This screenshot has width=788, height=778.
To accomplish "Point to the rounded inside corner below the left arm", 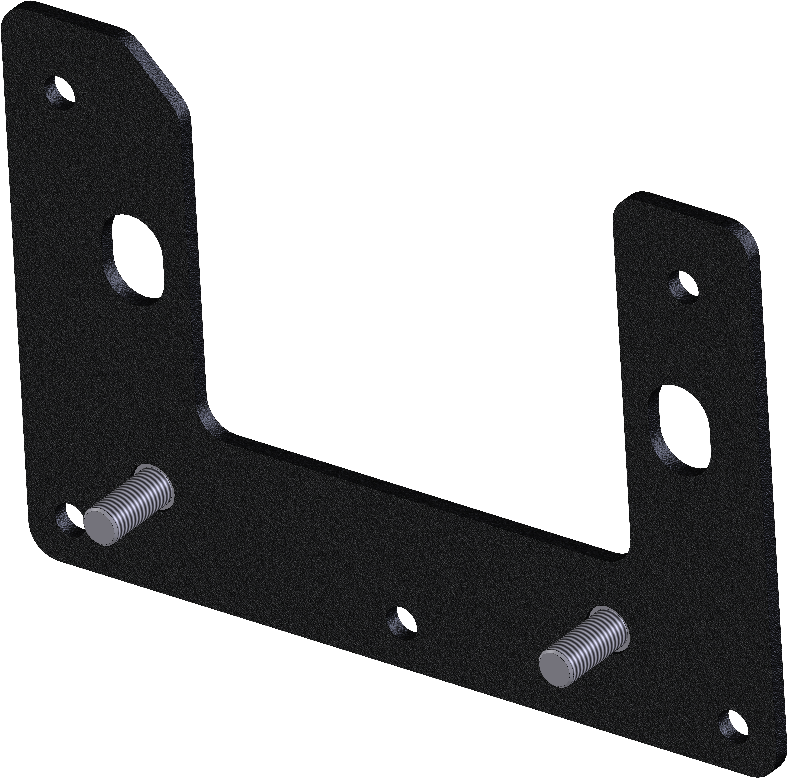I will point(212,420).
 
